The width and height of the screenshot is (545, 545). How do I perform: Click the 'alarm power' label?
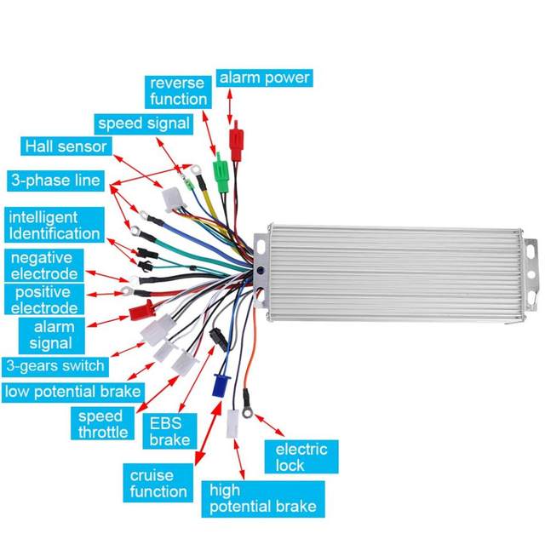[x=264, y=78]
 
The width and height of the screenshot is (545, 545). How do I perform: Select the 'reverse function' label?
[x=178, y=91]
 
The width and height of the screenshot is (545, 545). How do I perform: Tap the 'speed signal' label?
[x=143, y=123]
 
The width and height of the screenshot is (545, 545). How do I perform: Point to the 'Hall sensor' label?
[x=66, y=146]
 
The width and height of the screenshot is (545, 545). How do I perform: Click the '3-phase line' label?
[x=55, y=181]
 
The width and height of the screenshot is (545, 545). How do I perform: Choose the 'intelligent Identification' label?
[x=54, y=226]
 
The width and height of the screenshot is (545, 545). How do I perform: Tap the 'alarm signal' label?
[x=54, y=335]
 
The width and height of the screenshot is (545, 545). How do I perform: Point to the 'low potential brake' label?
[x=72, y=392]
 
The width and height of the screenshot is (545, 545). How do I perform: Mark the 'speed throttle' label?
[x=101, y=424]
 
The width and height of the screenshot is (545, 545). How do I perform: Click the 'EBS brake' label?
[x=169, y=431]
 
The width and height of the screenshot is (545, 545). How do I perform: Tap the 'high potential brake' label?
[x=262, y=498]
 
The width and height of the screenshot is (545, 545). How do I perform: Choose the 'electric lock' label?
[x=300, y=457]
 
